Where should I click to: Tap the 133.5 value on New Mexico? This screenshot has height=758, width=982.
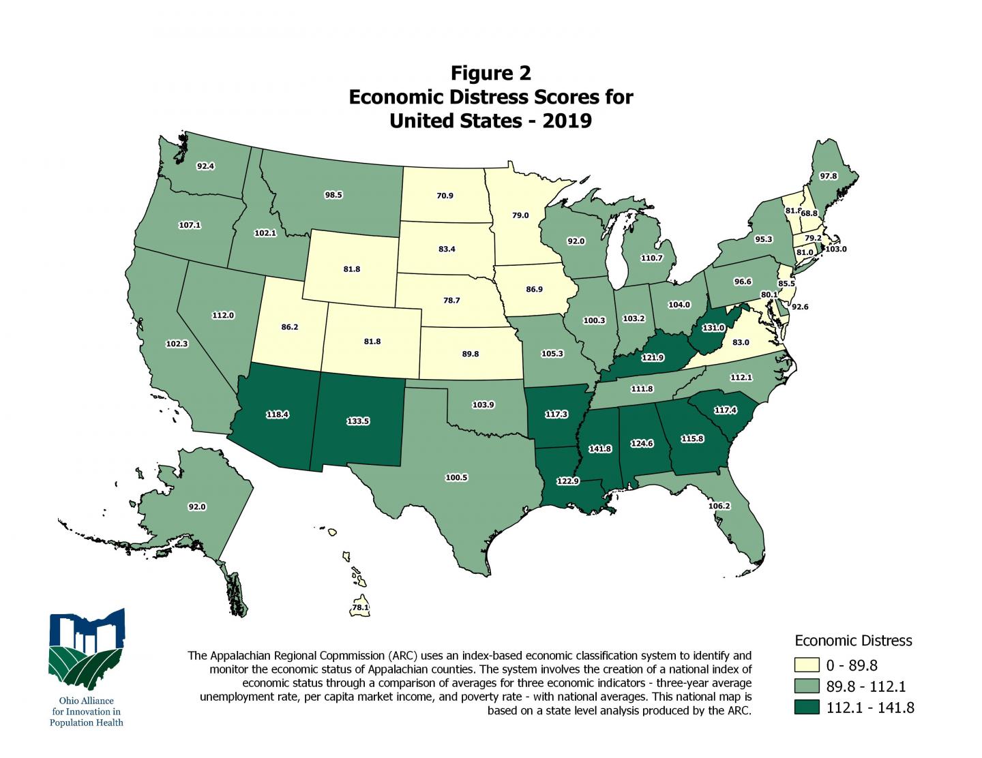[x=358, y=421]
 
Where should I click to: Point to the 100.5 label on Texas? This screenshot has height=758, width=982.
[x=456, y=477]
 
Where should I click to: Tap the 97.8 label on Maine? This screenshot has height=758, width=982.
[x=828, y=176]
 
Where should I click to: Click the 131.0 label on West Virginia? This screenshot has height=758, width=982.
[x=713, y=327]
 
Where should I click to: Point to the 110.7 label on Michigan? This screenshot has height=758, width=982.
[x=651, y=258]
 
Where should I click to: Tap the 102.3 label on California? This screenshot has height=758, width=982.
[x=177, y=344]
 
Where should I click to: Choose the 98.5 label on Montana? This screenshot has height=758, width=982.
[x=333, y=195]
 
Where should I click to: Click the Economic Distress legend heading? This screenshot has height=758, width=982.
[x=853, y=641]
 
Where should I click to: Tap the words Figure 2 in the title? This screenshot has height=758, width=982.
[x=490, y=73]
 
